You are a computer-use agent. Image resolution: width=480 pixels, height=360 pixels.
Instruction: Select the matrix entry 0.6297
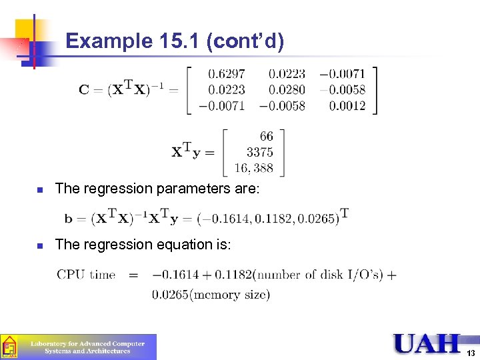click(x=226, y=73)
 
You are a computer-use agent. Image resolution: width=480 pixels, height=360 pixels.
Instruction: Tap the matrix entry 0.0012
click(x=347, y=105)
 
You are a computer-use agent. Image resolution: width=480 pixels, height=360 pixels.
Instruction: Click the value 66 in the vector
click(x=266, y=137)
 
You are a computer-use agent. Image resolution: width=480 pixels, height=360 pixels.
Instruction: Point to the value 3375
click(x=259, y=152)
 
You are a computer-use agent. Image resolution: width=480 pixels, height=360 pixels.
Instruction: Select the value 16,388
click(x=253, y=168)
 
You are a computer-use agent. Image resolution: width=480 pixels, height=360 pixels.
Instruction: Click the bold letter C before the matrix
click(x=84, y=90)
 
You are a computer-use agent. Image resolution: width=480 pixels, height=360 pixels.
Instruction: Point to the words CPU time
click(x=86, y=274)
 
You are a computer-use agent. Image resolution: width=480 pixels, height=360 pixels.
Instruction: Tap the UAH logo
click(x=427, y=343)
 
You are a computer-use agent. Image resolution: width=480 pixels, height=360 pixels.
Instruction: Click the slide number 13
click(x=471, y=353)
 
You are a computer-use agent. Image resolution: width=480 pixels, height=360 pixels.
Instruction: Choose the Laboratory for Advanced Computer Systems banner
click(x=87, y=347)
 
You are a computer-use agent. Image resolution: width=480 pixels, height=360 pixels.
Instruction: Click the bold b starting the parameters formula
click(x=69, y=219)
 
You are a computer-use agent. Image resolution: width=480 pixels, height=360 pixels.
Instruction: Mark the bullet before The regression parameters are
click(x=40, y=190)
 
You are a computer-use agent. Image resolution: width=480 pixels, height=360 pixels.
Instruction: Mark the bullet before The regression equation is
click(x=40, y=246)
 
